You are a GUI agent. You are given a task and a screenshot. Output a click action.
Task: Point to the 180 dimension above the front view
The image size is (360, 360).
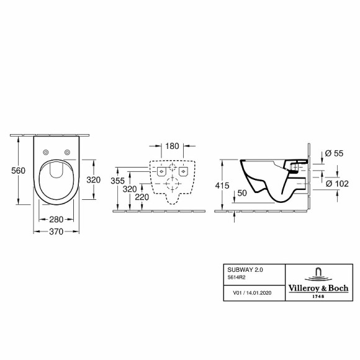173,146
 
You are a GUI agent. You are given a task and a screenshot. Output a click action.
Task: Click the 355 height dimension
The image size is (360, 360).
126,181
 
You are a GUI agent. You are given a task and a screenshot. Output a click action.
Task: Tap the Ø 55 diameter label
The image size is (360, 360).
334,153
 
